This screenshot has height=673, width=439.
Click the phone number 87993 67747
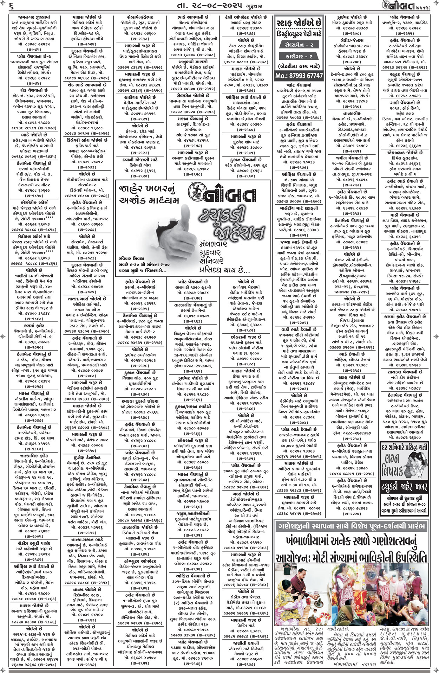[x=299, y=76]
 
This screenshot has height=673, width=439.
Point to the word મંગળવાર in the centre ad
[x=213, y=243]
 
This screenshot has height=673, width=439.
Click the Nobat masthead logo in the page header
[x=402, y=6]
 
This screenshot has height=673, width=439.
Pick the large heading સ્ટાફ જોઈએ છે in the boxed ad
[x=299, y=23]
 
